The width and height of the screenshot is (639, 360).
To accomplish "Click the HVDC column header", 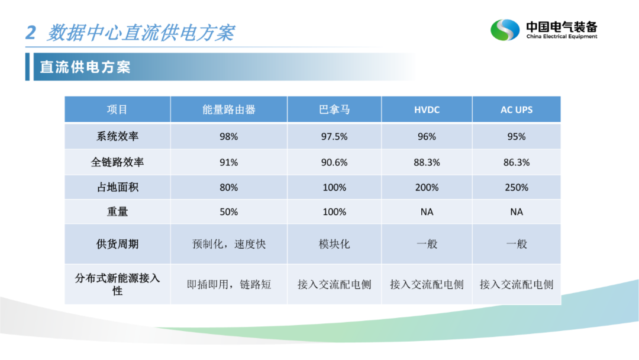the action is point(427,110).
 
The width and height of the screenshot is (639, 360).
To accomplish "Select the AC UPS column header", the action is point(517,110).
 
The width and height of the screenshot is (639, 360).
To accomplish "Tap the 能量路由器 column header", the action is point(228,110).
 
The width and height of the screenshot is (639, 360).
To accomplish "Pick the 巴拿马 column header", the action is point(334,110).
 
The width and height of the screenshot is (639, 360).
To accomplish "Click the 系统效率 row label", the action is point(117,136).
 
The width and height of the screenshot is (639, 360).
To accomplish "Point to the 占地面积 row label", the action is point(117,187).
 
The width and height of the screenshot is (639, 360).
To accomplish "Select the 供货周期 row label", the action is point(117,244).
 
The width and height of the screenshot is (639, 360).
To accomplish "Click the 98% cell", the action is point(228,137).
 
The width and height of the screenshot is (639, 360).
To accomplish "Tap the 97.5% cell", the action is point(334,137).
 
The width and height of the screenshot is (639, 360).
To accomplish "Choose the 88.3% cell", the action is point(427,162).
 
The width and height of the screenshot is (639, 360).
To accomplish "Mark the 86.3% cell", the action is point(517,162).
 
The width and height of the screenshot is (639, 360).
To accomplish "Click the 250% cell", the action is point(517,188).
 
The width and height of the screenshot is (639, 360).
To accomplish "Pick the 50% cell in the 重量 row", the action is point(228,212).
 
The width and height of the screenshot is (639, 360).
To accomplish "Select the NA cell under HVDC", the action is point(427,212).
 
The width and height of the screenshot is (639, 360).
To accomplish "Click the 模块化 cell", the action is point(334,244).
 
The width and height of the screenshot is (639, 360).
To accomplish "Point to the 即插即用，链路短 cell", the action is point(228,284).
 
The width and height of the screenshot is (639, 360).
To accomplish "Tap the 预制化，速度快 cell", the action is point(228,244).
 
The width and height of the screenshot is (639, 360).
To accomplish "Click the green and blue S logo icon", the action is point(505,30).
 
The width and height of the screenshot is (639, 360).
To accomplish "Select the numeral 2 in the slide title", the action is point(31,33).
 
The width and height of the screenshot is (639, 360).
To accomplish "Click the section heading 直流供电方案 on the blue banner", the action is point(85,67).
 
